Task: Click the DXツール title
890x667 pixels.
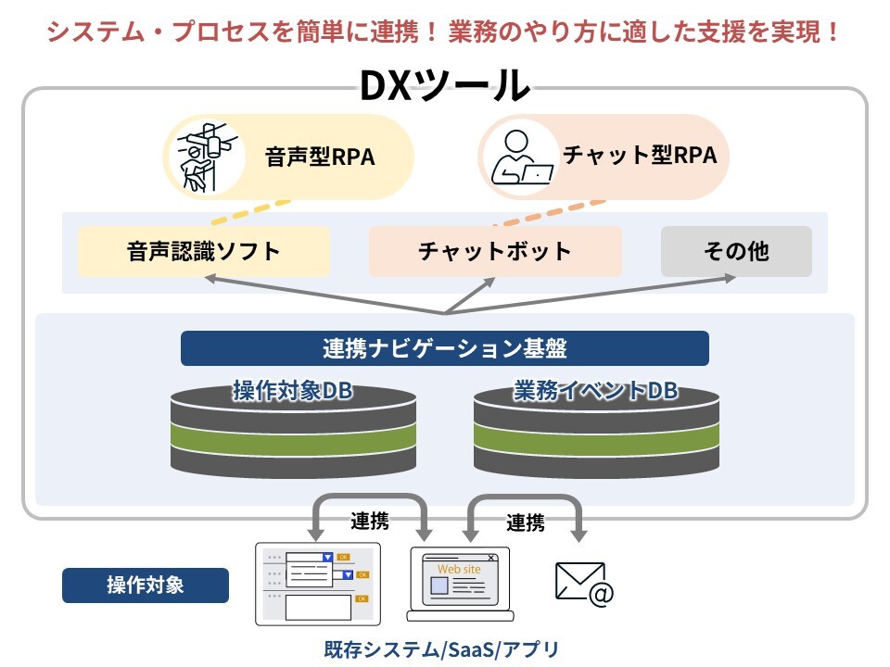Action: [445, 85]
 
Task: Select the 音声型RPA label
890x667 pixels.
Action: [320, 157]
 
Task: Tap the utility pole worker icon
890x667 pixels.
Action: [205, 157]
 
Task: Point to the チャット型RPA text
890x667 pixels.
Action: [641, 155]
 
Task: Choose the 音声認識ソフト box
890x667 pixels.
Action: [204, 251]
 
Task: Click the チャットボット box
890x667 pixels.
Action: [495, 251]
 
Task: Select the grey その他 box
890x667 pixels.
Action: [736, 251]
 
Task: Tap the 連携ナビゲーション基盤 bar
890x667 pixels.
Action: [444, 348]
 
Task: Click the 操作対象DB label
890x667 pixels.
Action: [293, 390]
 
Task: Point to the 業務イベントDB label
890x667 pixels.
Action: [596, 390]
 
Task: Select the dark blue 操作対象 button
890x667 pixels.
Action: [146, 585]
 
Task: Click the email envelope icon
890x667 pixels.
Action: [584, 584]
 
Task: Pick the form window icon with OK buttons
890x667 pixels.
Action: [318, 585]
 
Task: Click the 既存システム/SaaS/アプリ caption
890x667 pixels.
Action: [441, 649]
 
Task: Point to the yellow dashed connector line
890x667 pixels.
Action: [250, 213]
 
